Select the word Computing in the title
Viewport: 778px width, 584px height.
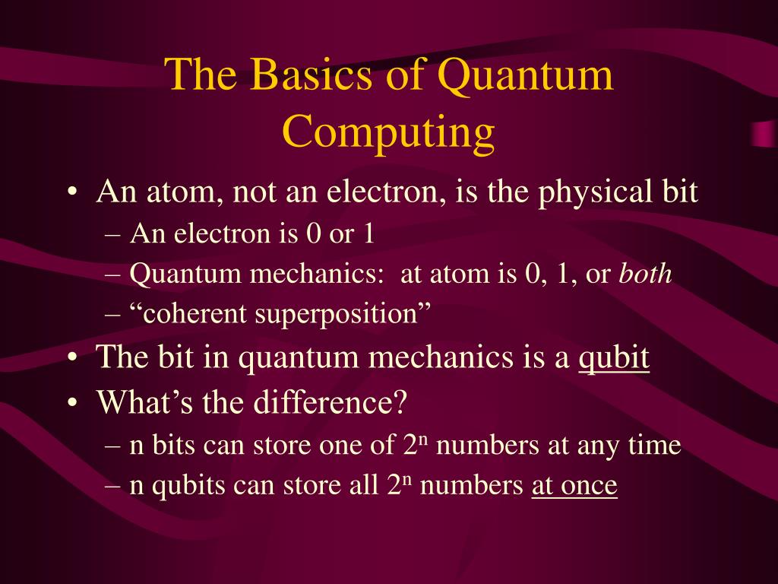388,132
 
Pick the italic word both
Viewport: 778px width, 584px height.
645,275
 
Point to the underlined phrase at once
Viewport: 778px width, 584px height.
574,486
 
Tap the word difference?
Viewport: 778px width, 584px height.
328,402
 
